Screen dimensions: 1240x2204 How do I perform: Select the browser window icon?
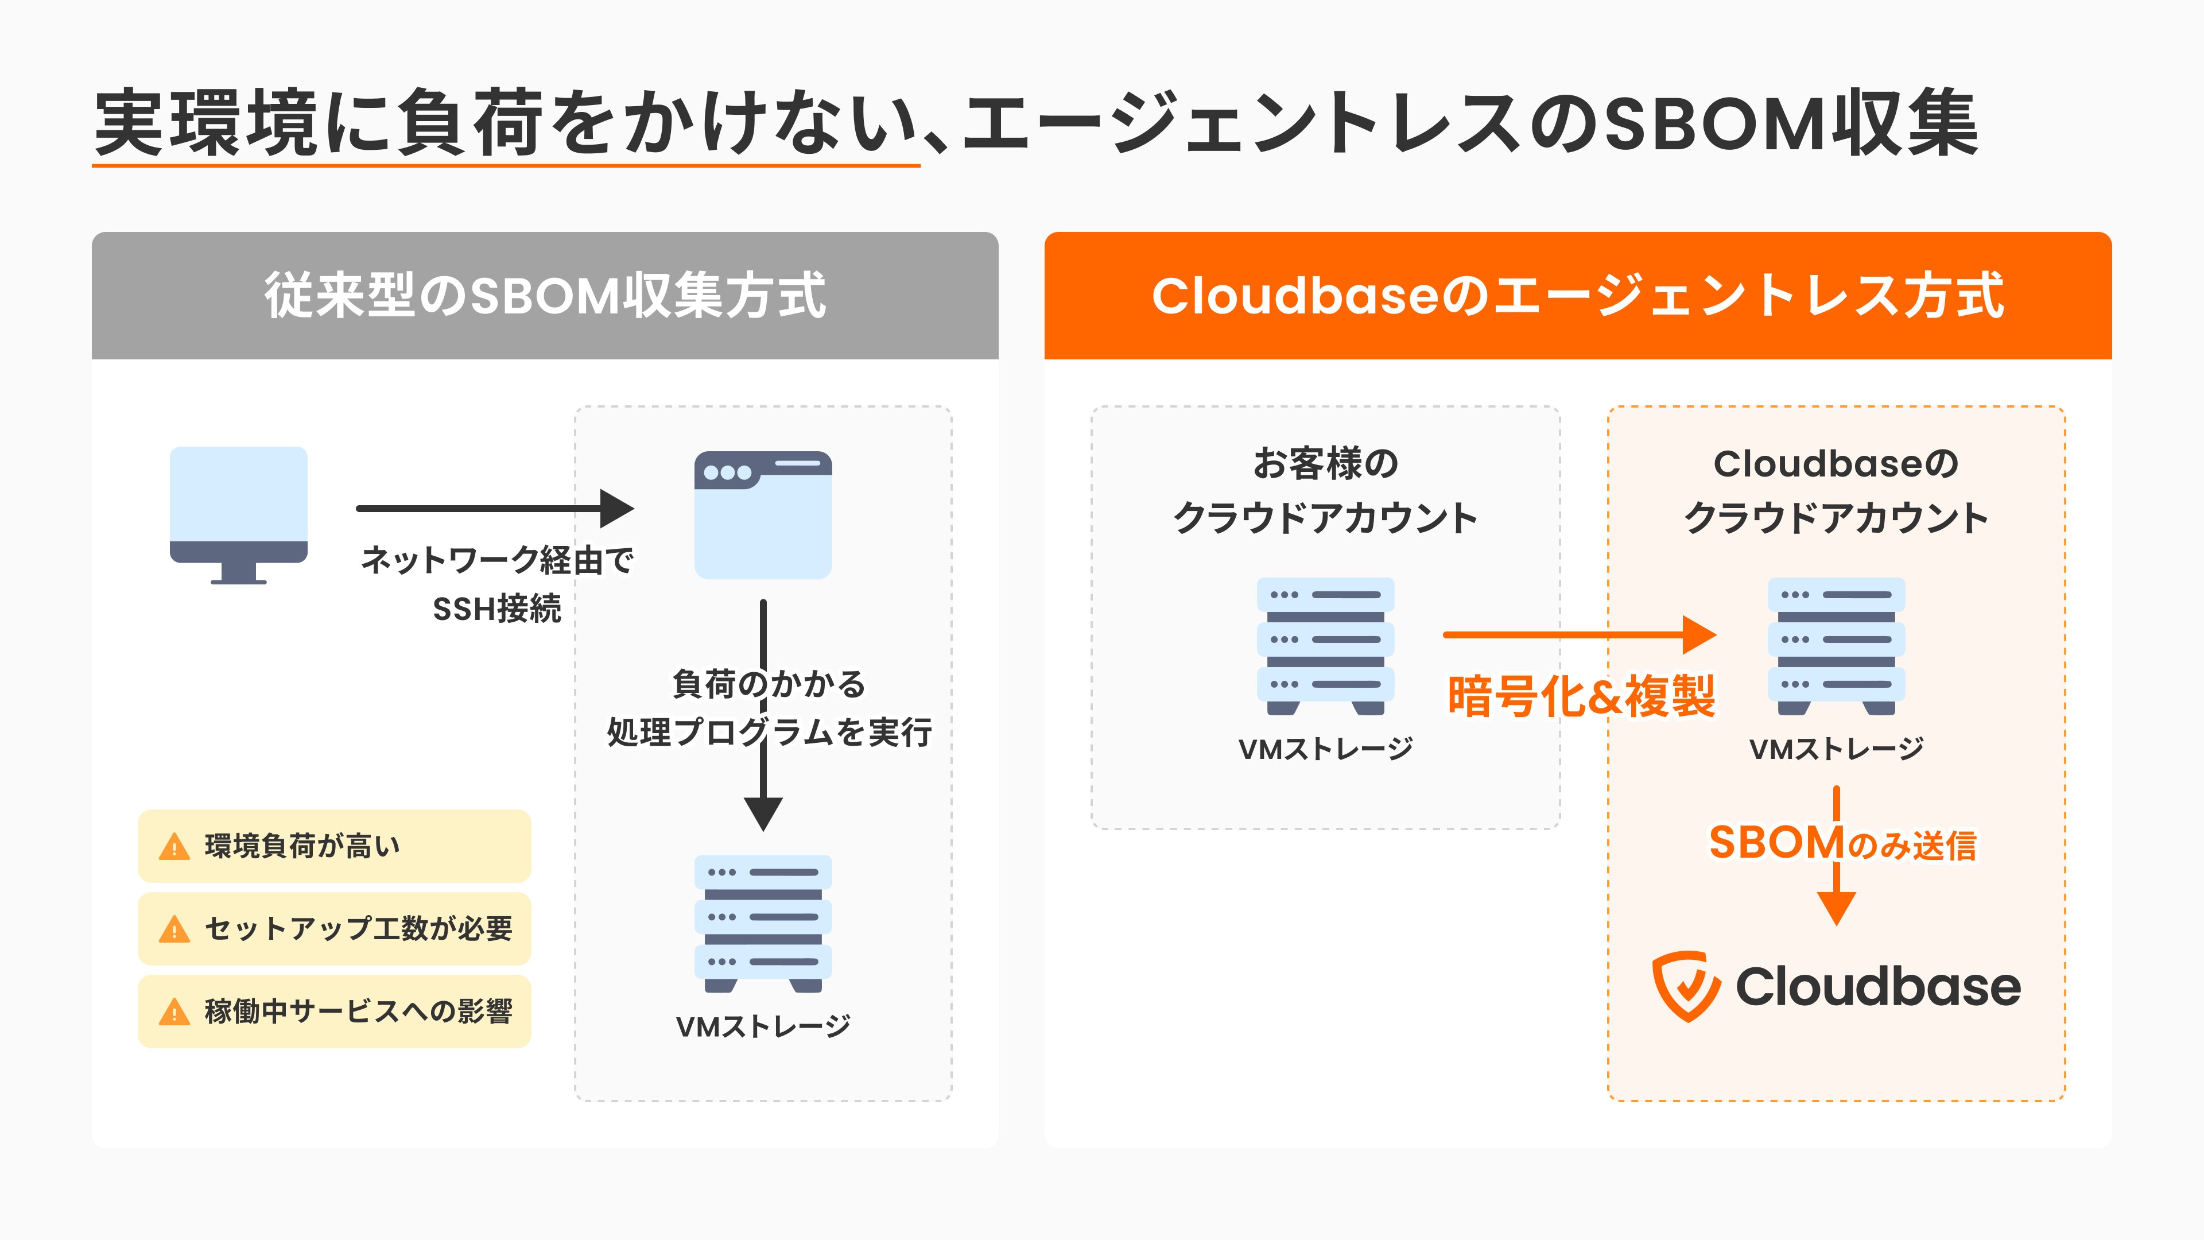click(x=762, y=514)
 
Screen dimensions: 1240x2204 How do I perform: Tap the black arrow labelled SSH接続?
click(x=495, y=508)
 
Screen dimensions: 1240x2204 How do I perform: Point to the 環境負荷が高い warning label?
click(x=333, y=846)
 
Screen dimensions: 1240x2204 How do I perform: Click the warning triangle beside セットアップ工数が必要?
click(x=174, y=929)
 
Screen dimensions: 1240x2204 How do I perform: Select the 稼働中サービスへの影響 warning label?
click(x=333, y=1012)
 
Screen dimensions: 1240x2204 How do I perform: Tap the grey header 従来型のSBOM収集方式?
click(x=545, y=295)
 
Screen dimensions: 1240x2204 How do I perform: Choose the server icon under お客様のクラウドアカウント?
click(x=1325, y=646)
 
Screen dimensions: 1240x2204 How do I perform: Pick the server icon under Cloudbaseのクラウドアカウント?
click(x=1836, y=646)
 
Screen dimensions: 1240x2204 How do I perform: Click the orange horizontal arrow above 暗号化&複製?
click(x=1578, y=635)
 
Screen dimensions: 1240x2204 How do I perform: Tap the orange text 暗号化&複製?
click(x=1580, y=696)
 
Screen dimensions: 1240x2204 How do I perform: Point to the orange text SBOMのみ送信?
click(x=1842, y=844)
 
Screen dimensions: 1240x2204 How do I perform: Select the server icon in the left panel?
click(x=762, y=923)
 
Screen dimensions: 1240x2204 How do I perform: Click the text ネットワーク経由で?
click(x=497, y=560)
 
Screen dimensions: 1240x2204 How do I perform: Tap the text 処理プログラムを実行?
click(x=769, y=733)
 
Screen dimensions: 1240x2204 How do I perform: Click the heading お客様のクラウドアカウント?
click(x=1325, y=490)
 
